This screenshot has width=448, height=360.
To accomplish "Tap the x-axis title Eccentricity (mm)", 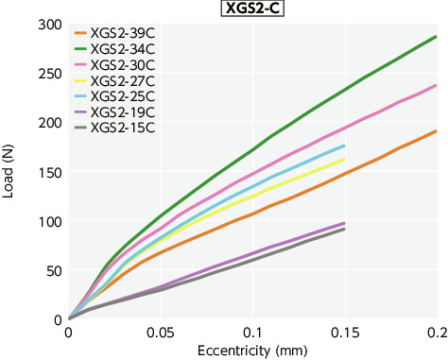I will pos(252,351).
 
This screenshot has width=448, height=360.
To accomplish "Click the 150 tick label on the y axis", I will pos(49,172).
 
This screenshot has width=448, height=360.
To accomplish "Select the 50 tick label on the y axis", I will pos(53,270).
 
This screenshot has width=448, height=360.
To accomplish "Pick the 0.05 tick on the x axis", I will pos(161,334).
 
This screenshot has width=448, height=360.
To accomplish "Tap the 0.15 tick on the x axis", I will pos(344,334).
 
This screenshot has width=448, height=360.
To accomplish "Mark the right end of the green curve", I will pos(436,37).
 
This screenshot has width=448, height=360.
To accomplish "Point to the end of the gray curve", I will pos(344,229).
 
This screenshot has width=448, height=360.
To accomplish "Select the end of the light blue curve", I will pos(344,146).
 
